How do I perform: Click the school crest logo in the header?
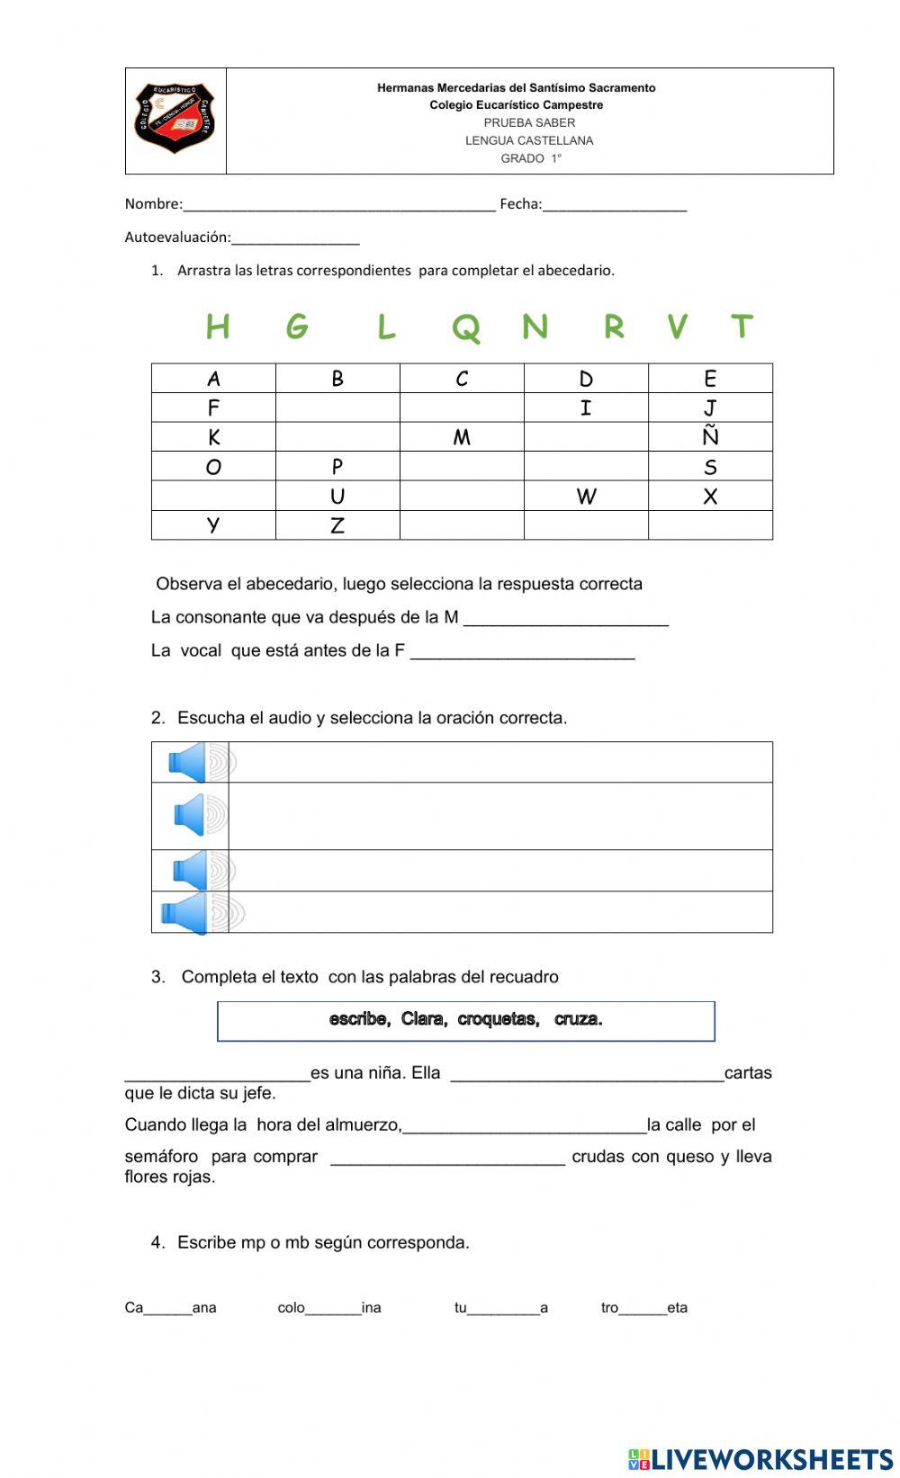pyautogui.click(x=175, y=119)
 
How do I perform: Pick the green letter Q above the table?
pyautogui.click(x=465, y=327)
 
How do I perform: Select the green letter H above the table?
pyautogui.click(x=217, y=326)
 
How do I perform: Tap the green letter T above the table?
pyautogui.click(x=742, y=326)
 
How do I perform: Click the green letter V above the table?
pyautogui.click(x=678, y=326)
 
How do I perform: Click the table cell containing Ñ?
pyautogui.click(x=710, y=436)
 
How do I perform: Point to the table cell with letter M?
pyautogui.click(x=462, y=437)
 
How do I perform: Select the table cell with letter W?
pyautogui.click(x=586, y=496)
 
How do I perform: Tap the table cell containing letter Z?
pyautogui.click(x=337, y=525)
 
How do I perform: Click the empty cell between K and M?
pyautogui.click(x=337, y=437)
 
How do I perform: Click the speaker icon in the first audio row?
pyautogui.click(x=191, y=763)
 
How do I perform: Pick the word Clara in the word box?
pyautogui.click(x=423, y=1019)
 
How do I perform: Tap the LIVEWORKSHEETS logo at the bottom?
pyautogui.click(x=760, y=1458)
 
